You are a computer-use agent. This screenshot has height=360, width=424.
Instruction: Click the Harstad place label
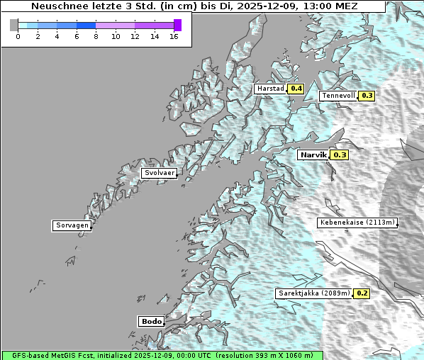click(270, 89)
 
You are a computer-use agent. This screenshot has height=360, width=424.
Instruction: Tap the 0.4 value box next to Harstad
click(296, 89)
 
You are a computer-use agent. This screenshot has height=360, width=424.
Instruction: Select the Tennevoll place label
click(337, 96)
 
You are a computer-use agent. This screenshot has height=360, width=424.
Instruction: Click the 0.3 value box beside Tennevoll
click(367, 96)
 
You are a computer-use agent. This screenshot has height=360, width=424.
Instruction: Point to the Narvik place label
click(313, 154)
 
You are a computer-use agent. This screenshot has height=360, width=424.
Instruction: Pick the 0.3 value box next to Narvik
click(340, 154)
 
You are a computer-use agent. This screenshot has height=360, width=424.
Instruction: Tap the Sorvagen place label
click(72, 225)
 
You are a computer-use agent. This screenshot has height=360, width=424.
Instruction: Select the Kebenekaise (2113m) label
click(357, 223)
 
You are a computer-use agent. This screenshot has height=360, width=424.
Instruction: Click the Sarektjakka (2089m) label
click(314, 293)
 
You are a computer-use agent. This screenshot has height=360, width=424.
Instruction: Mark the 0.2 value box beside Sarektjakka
click(362, 293)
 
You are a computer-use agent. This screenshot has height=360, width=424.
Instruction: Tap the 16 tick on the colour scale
click(174, 36)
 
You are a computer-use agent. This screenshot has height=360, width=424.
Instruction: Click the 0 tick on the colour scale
click(18, 36)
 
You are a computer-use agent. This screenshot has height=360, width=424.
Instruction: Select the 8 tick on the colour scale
click(96, 36)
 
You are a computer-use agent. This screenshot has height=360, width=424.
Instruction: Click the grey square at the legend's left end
click(14, 25)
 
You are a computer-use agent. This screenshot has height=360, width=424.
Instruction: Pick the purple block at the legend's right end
click(177, 25)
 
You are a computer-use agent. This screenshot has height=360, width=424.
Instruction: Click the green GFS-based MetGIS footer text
click(162, 355)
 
